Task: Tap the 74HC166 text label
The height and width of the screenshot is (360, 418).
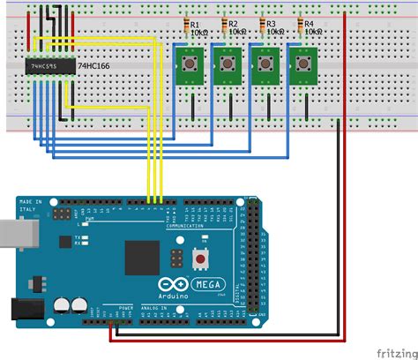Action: (93, 66)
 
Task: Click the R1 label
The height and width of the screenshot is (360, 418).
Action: (195, 24)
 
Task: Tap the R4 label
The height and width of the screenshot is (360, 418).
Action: (308, 24)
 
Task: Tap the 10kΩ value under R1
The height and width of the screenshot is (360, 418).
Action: (198, 32)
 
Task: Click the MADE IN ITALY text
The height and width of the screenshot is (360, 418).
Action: (30, 206)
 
